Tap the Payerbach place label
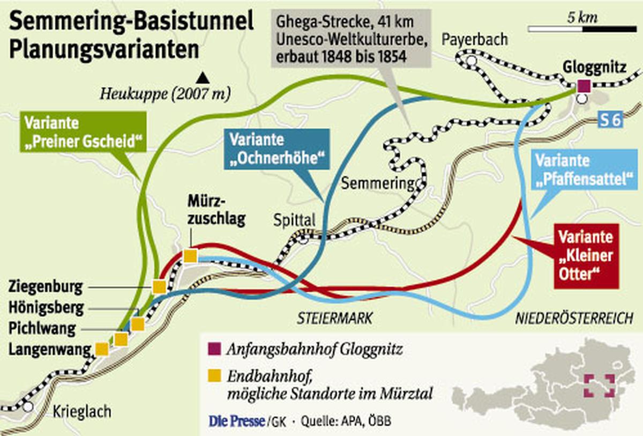point(474,39)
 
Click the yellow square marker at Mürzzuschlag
point(190,256)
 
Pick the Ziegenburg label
point(46,287)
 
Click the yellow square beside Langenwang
point(101,349)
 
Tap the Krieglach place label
point(82,412)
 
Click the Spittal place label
point(294,220)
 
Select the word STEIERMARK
point(335,318)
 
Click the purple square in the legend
point(214,351)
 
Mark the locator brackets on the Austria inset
point(599,386)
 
